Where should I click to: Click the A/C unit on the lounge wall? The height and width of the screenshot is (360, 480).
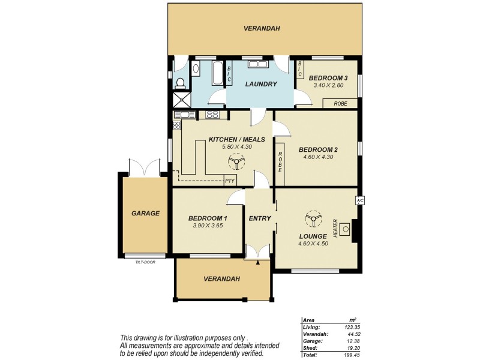tap(360, 200)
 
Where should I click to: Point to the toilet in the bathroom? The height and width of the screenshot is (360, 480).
tap(179, 82)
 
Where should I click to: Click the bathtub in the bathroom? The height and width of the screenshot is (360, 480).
tap(215, 74)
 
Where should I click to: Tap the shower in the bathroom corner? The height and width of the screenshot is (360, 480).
tap(181, 100)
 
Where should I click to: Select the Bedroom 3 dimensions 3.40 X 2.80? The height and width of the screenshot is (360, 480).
tap(328, 86)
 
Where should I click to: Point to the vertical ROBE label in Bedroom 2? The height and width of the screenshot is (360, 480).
tap(280, 160)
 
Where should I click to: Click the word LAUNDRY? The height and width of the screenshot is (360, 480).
tap(261, 84)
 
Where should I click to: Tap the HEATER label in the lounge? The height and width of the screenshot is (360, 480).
tap(335, 227)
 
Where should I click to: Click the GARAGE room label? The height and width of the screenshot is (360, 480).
tap(145, 213)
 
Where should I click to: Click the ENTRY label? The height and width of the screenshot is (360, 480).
tap(260, 218)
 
